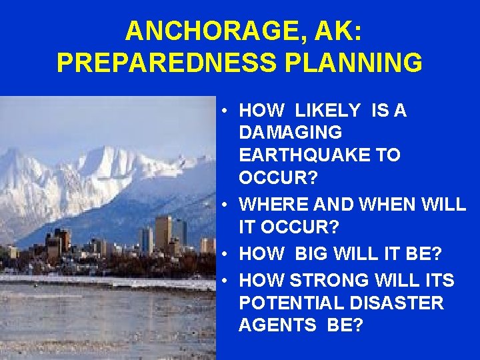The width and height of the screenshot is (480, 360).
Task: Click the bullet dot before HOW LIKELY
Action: (x=227, y=111)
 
